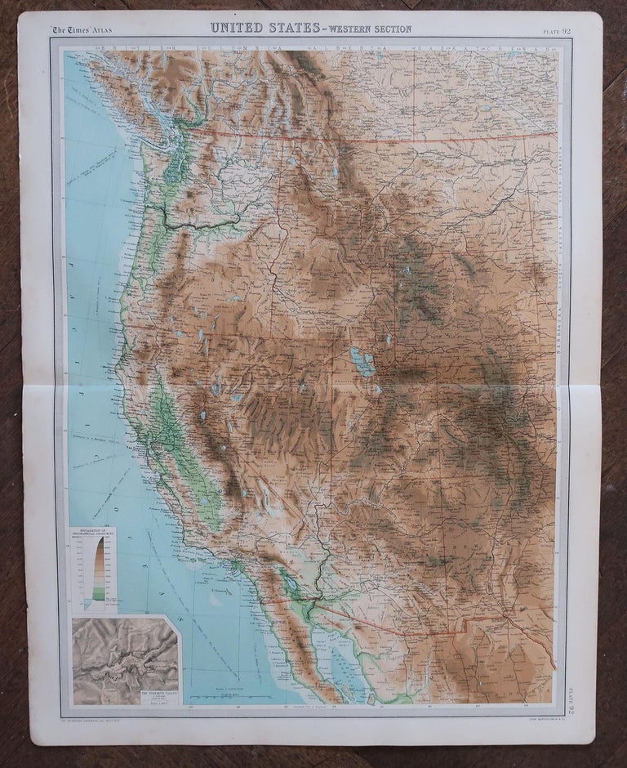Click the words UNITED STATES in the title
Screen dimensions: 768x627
[264, 28]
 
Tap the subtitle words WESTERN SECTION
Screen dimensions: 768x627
[367, 29]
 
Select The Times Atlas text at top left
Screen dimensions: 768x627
[82, 30]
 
